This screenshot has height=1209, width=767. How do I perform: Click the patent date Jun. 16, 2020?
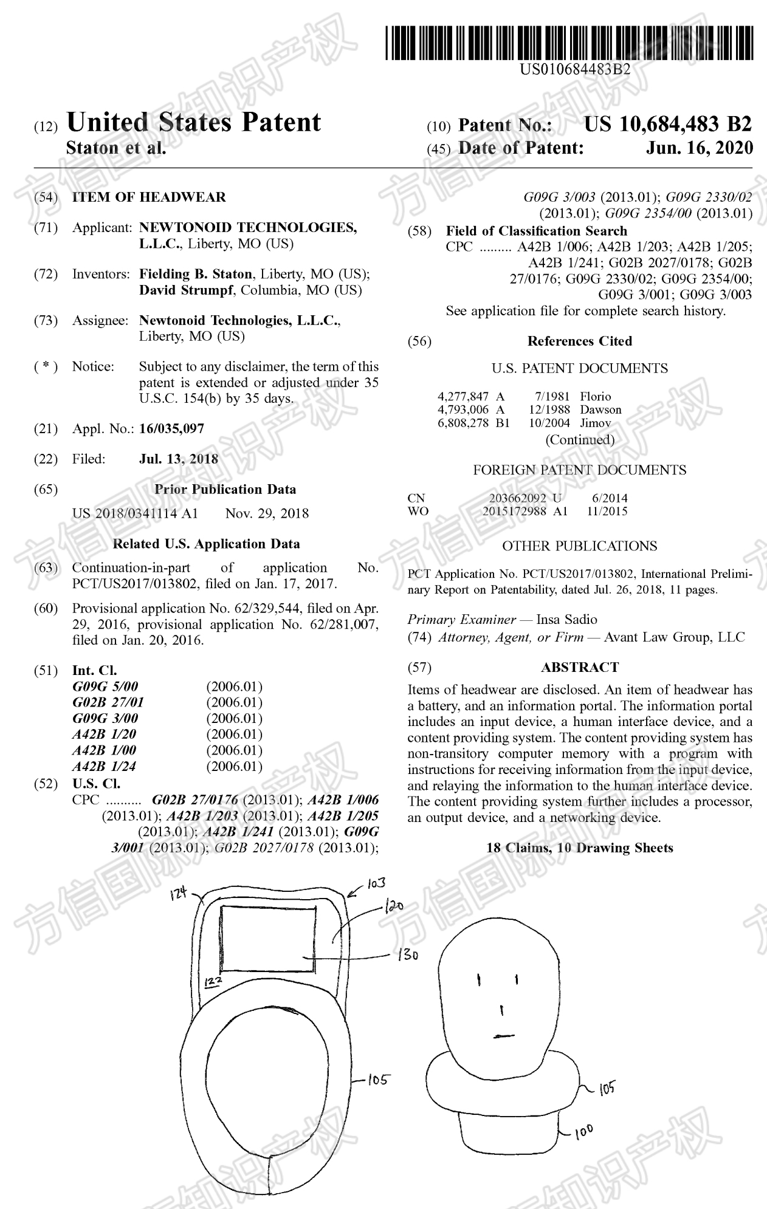click(x=699, y=148)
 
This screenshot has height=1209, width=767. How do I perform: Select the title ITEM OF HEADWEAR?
click(x=149, y=197)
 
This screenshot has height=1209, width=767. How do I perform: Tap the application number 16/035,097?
click(x=171, y=429)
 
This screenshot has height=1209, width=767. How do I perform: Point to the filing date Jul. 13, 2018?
click(x=179, y=459)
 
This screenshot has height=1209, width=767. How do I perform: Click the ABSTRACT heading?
click(x=579, y=667)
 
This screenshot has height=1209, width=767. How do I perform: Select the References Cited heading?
click(x=579, y=341)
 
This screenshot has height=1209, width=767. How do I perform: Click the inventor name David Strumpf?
click(x=187, y=290)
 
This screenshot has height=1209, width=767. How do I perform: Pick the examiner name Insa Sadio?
click(x=566, y=620)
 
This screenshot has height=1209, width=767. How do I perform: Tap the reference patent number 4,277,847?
click(x=463, y=397)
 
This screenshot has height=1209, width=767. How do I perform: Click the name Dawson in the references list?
click(x=600, y=410)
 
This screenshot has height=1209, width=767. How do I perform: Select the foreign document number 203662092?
click(x=517, y=498)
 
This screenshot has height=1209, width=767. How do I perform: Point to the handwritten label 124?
click(x=179, y=894)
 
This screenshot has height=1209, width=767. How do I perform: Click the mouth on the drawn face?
click(x=502, y=1035)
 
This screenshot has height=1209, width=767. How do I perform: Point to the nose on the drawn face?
click(x=501, y=1010)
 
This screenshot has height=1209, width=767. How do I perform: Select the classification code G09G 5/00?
click(x=105, y=687)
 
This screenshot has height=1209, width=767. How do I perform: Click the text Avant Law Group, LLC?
click(x=674, y=637)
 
